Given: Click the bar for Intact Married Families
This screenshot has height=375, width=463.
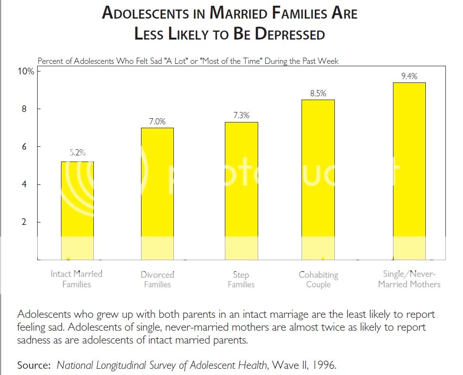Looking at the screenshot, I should pos(77,210).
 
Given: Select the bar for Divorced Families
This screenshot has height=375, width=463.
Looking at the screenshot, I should pos(157,193).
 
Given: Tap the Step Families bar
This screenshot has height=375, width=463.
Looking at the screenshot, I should pos(241,191).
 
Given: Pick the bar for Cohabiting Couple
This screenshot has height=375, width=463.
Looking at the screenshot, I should pos(318,179).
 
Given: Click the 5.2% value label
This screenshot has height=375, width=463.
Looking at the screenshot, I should pos(77,153).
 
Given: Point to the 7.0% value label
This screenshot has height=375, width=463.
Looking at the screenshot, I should pos(157,122).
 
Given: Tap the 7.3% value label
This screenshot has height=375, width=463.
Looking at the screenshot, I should pos(241,116).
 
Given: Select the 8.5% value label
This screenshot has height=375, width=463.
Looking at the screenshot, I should pos(318,93).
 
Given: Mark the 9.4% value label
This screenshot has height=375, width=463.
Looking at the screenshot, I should pos(410,76).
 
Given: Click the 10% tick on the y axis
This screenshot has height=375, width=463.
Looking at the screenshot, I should pos(26,71).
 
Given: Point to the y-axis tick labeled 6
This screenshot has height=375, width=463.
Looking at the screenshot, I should pos(29,147).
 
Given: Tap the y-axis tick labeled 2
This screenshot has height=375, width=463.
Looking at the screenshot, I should pos(29,222).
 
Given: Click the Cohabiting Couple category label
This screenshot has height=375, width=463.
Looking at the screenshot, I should pos(318,279).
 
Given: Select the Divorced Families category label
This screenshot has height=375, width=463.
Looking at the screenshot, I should pos(157,279).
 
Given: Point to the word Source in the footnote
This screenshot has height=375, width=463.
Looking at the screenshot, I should pos(35,365).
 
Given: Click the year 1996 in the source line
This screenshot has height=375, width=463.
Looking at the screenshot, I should pos(327,365).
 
